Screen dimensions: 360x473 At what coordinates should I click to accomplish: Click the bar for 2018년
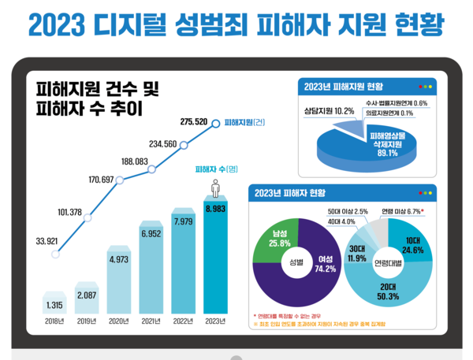(56, 297)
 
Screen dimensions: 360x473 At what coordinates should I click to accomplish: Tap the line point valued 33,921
(55, 254)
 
